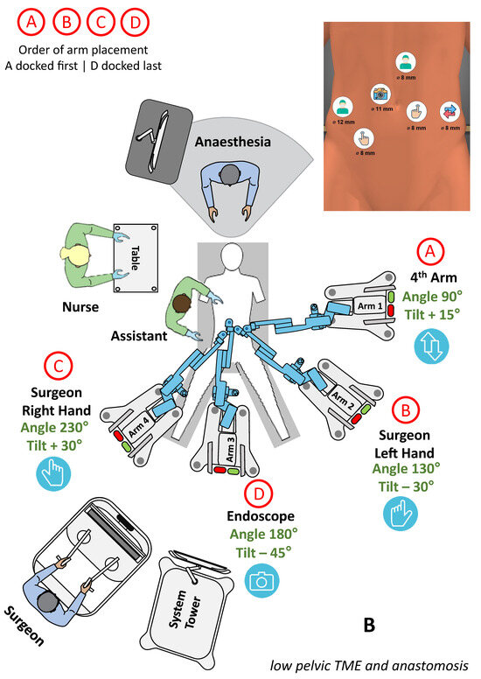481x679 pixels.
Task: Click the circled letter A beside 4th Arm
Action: coord(429,252)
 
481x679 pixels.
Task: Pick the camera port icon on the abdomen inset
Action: coord(380,94)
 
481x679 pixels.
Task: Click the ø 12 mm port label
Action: coord(343,122)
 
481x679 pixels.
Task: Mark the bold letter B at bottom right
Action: coord(370,625)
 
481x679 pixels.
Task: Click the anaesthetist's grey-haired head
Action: coord(230,175)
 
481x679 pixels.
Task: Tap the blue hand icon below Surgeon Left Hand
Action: coord(401,513)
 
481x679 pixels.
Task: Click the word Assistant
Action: coord(139,335)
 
